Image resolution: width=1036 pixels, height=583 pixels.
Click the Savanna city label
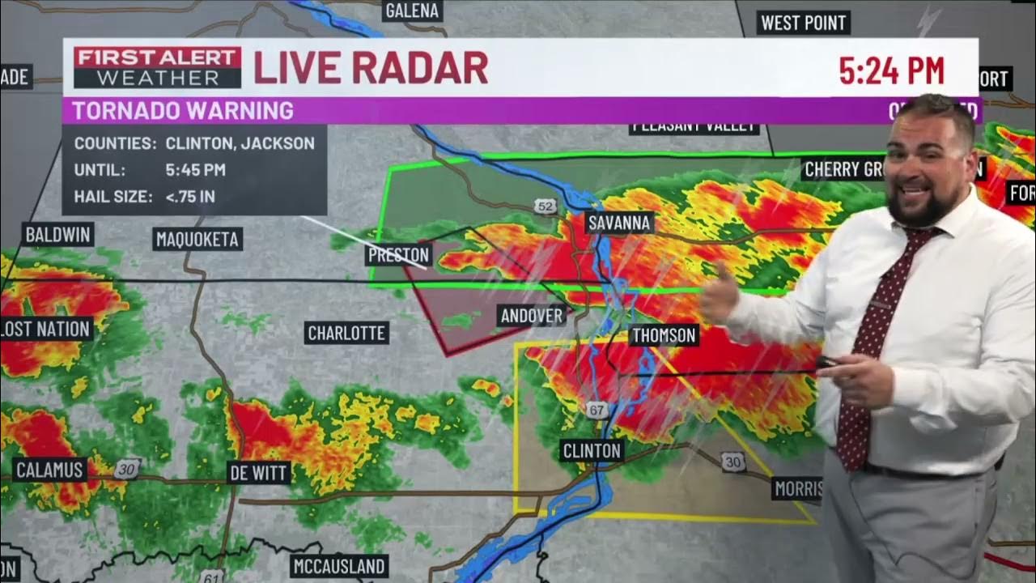pos(620,223)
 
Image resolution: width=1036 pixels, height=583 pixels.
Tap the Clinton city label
pos(592,451)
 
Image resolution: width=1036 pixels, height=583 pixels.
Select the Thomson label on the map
pos(664,335)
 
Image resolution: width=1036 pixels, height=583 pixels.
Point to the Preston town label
pos(397,255)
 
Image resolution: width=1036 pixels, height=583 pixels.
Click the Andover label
pos(532,316)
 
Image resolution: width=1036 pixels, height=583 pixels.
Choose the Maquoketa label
pos(198,239)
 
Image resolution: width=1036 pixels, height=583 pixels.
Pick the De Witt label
pos(259,473)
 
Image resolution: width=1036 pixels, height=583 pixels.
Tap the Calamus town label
pos(49,470)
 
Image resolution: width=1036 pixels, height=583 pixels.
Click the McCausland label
pos(339,566)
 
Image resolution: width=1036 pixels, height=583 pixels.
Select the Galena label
pos(413,11)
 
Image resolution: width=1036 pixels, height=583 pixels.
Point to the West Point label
pos(804,23)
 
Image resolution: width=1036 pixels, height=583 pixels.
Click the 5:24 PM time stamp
pos(891,71)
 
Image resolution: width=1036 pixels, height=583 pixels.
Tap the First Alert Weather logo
pos(158,68)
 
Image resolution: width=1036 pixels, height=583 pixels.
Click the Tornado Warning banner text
pos(183,111)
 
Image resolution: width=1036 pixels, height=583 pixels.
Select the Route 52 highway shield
pos(546,207)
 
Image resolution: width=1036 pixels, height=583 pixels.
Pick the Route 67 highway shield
pos(597,411)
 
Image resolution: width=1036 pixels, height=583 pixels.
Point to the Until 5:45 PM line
pos(150,170)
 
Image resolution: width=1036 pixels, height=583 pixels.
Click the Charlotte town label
pos(346,333)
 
